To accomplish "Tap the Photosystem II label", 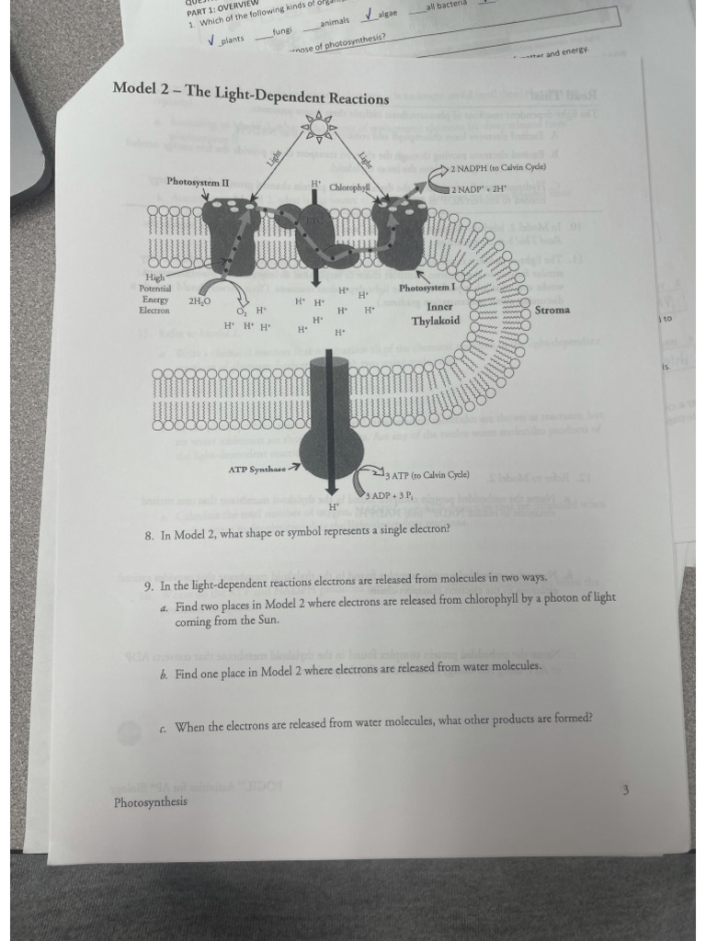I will click(x=198, y=182).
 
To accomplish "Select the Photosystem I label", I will click(x=427, y=288).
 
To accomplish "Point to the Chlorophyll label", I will click(x=348, y=187).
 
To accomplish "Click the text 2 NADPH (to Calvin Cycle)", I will click(x=498, y=168).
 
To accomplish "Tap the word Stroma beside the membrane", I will click(x=552, y=310).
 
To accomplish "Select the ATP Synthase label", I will click(x=257, y=469).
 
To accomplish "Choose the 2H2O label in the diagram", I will click(x=199, y=300).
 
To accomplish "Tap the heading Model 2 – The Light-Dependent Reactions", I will click(x=250, y=93).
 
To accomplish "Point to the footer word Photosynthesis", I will click(x=151, y=802).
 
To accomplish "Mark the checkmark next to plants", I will click(x=211, y=40).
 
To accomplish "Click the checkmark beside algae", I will click(x=369, y=14).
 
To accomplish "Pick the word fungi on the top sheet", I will click(x=281, y=30).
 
